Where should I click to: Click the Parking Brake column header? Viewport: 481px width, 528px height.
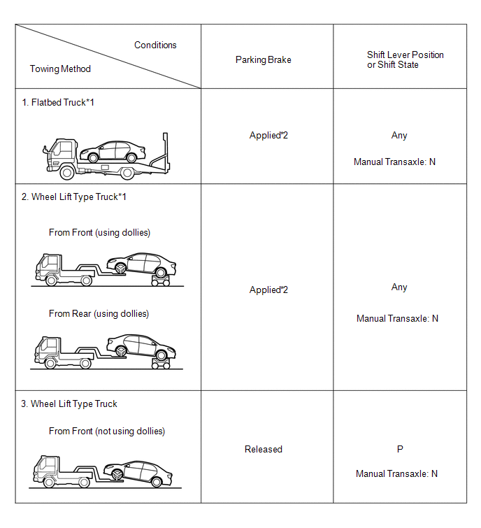click(x=263, y=60)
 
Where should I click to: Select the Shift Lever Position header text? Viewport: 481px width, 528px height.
click(x=405, y=59)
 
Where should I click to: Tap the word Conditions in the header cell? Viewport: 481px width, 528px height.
click(x=155, y=45)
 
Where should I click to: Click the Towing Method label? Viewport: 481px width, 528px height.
click(x=60, y=69)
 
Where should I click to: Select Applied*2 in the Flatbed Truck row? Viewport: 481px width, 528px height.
click(x=268, y=135)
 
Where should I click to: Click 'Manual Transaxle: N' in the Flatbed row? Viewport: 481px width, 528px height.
click(x=394, y=162)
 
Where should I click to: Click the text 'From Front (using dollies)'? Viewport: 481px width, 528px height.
click(x=99, y=232)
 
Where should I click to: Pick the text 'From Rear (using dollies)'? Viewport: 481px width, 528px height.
click(x=99, y=313)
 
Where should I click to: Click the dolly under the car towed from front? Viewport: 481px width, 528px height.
click(x=162, y=281)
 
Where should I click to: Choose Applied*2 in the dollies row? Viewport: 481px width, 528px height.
click(x=268, y=290)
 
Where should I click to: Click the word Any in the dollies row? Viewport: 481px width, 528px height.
click(x=399, y=287)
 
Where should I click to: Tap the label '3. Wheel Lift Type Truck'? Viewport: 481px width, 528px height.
click(x=73, y=404)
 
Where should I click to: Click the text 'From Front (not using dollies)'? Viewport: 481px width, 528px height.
click(x=106, y=431)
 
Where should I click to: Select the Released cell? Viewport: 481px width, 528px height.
click(x=263, y=449)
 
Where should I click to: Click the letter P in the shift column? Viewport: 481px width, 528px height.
click(x=399, y=449)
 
